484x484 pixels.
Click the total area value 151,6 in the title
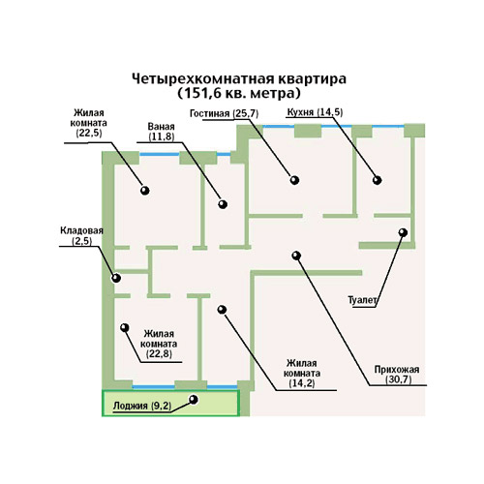click(202, 94)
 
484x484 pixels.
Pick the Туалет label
click(362, 300)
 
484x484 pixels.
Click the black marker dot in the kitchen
click(378, 180)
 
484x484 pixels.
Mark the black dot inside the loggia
click(194, 400)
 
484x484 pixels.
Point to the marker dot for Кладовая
click(116, 278)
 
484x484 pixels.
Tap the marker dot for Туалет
click(403, 232)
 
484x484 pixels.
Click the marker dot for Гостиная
click(294, 180)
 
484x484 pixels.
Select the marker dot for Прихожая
click(296, 256)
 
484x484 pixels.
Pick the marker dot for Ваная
click(223, 204)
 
